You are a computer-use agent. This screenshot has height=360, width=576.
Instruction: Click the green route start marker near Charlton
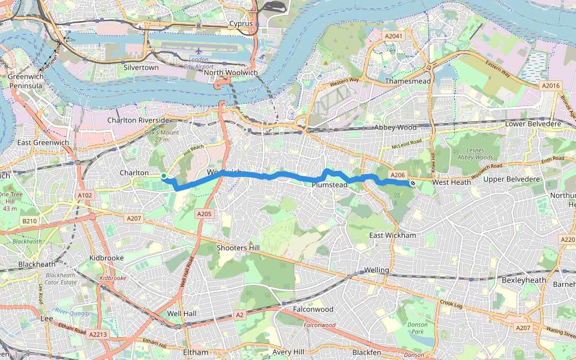[x=163, y=176]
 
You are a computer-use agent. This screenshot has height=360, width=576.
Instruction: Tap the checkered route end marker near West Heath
[x=413, y=182]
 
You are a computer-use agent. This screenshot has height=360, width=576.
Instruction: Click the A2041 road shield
[x=393, y=37]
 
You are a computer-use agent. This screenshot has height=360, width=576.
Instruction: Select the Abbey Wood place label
[x=395, y=128]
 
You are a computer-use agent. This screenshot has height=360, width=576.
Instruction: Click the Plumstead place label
[x=329, y=185]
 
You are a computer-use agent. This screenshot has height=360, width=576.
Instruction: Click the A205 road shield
[x=205, y=214]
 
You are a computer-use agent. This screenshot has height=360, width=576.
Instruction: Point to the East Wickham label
[x=392, y=235]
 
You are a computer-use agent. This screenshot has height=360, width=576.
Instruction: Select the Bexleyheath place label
[x=524, y=280]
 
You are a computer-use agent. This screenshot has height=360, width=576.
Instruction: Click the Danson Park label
[x=417, y=328]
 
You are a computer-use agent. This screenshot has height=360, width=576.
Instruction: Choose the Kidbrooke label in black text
[x=106, y=257]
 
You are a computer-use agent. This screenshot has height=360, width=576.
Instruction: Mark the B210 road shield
[x=29, y=221]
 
